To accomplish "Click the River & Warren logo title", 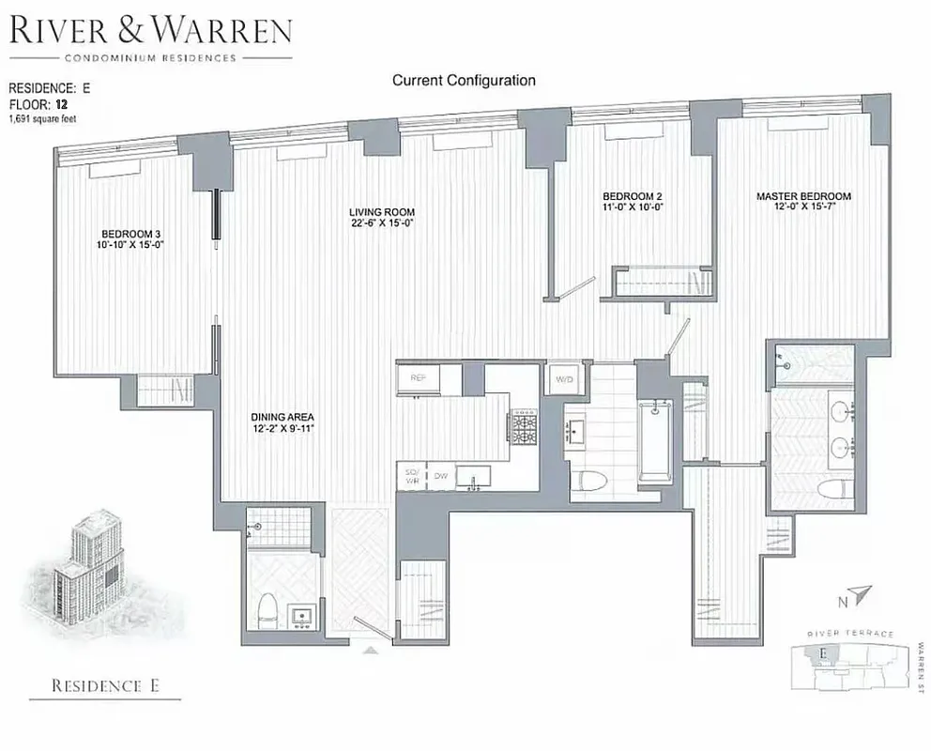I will (x=150, y=32).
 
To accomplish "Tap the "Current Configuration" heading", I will (x=464, y=81).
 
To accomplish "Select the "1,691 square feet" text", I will (x=46, y=120).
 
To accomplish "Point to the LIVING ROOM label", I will (x=382, y=212).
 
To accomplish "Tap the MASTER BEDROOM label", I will (x=803, y=196).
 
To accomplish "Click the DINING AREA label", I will (x=282, y=417).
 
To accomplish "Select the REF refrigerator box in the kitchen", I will (x=419, y=377).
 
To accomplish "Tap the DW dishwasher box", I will (x=440, y=477).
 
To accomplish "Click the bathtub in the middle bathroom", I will (x=654, y=437).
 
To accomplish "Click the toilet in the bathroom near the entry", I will (x=266, y=610).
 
